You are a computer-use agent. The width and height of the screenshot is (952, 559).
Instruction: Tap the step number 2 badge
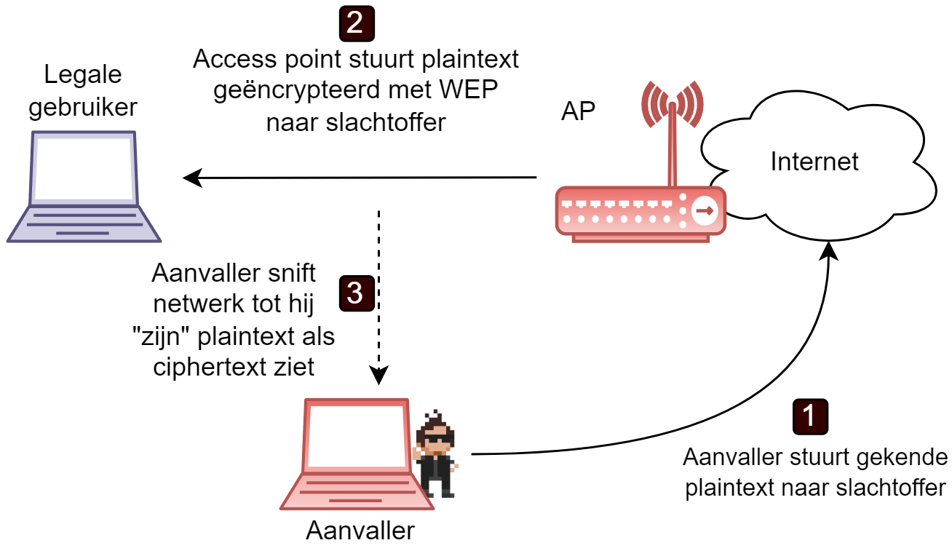coord(356,23)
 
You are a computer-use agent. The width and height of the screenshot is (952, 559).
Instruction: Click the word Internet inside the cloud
coord(814,161)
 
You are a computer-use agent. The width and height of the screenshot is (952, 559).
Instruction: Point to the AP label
coord(578,111)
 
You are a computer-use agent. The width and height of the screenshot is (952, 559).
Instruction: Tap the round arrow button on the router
coord(704,211)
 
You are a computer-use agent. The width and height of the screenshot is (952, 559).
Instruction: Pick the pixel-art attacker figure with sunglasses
coord(436,454)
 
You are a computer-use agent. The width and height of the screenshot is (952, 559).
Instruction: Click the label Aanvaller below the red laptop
coord(360,531)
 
